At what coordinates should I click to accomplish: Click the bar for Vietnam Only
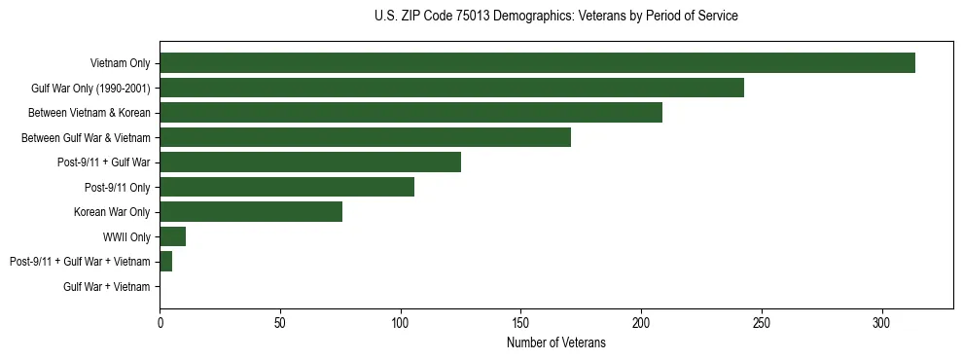[x=537, y=63]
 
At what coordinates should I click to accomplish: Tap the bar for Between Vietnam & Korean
[x=410, y=113]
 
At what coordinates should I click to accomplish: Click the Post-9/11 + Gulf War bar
[x=310, y=162]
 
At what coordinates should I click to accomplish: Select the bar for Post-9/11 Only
[x=287, y=187]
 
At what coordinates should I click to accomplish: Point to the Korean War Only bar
[x=251, y=212]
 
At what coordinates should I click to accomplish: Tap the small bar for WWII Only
[x=172, y=236]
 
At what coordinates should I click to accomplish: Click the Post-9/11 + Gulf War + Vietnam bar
[x=165, y=262]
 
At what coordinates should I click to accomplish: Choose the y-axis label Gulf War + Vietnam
[x=107, y=287]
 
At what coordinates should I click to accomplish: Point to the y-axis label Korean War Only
[x=112, y=212]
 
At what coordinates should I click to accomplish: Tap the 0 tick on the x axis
[x=160, y=322]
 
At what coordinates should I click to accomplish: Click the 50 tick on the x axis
[x=280, y=322]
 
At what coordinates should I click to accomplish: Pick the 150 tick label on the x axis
[x=520, y=322]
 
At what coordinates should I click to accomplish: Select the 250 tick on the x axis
[x=762, y=322]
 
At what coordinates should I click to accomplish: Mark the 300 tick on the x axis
[x=881, y=322]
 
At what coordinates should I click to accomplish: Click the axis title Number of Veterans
[x=555, y=343]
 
